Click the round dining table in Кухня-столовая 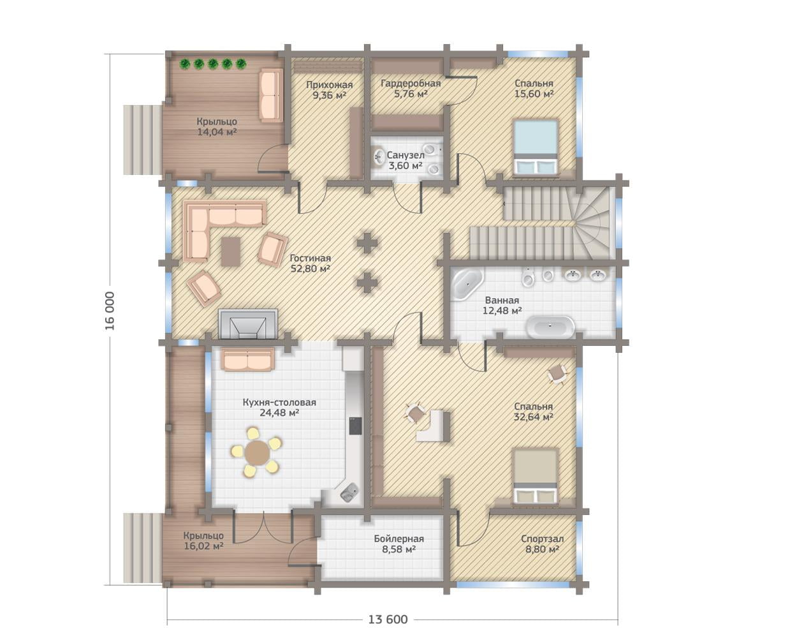click(258, 452)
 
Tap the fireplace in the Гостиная click(248, 324)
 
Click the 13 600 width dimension click(388, 619)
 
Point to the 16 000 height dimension click(110, 311)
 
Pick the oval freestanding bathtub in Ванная click(551, 327)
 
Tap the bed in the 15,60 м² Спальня click(536, 147)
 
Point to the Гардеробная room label click(411, 84)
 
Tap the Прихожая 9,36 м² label click(329, 90)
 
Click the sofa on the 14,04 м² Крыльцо click(271, 95)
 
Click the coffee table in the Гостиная click(231, 252)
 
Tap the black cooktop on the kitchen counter click(356, 426)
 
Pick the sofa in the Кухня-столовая click(248, 359)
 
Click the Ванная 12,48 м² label click(502, 305)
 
